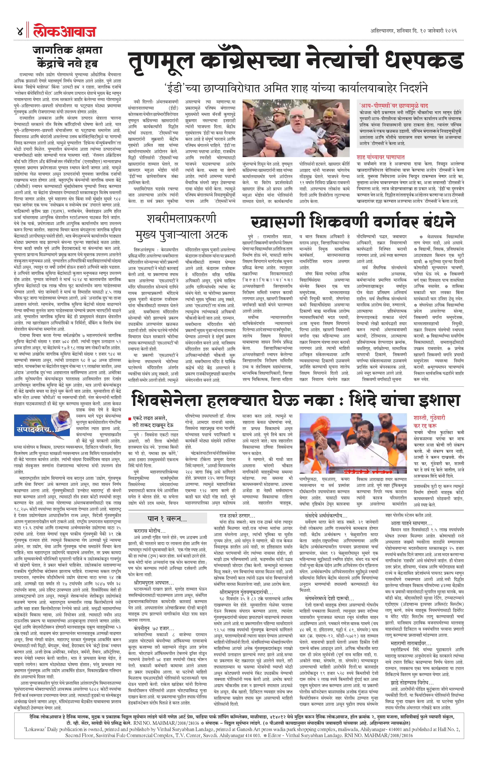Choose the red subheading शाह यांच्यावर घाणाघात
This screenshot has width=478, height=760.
tap(380, 157)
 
